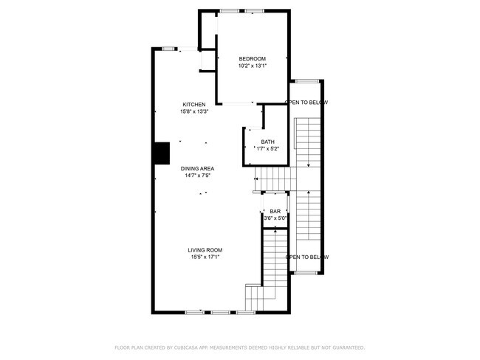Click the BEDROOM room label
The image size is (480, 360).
pos(252,59)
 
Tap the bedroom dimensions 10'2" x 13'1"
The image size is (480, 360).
pos(252,66)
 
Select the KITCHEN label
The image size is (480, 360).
pos(194,105)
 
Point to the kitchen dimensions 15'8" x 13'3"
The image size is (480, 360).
pos(194,111)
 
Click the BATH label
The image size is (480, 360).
pos(267,142)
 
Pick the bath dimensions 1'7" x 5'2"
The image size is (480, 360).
pos(267,148)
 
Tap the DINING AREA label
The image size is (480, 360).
pos(198,169)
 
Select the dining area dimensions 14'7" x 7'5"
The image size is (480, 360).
pos(198,176)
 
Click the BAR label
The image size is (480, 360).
pos(275,211)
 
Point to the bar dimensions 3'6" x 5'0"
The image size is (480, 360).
pos(275,218)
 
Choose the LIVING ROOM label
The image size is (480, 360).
pos(205,250)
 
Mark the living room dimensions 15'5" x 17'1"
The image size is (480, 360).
pos(205,257)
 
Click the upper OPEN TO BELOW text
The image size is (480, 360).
pos(306,103)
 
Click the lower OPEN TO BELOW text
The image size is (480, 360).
pos(306,257)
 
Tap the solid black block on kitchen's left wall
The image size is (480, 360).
pos(161,153)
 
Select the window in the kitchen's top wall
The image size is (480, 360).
pos(168,49)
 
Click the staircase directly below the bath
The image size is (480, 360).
pos(273,178)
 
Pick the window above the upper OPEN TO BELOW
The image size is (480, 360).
pos(306,80)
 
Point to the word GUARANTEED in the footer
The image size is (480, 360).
pos(346,347)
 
